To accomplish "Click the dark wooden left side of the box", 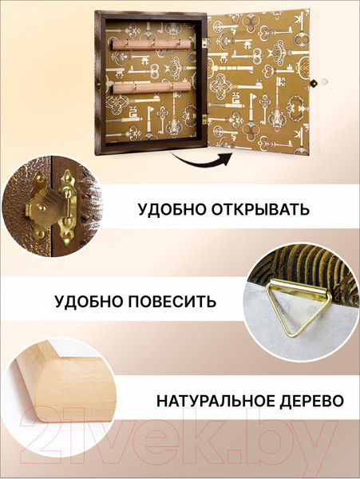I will click(x=99, y=80).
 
